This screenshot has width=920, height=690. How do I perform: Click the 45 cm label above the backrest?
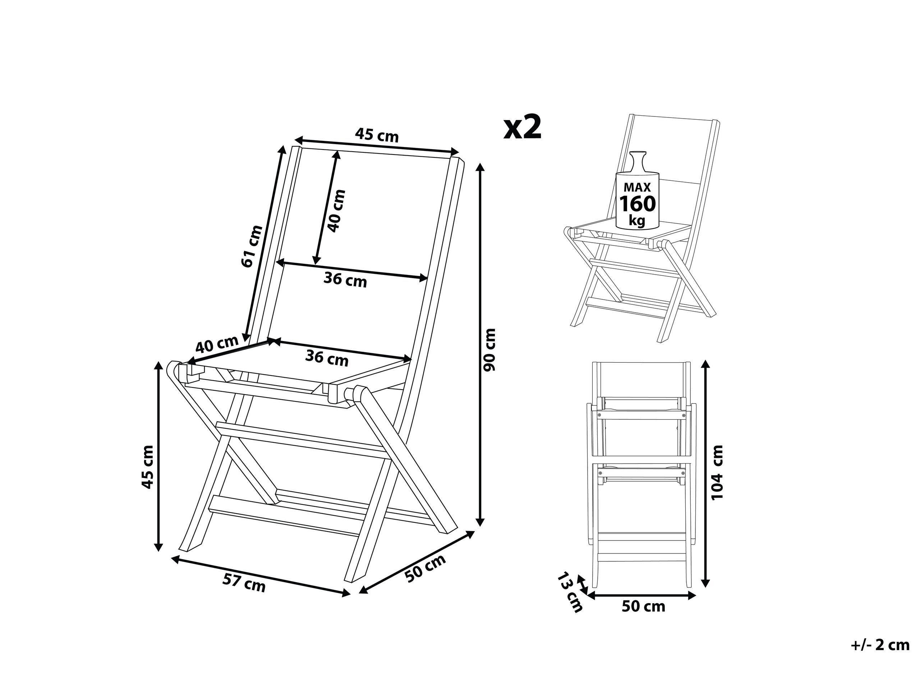376,135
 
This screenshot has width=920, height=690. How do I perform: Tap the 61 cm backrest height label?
252,246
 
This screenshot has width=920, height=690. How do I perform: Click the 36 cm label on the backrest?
345,280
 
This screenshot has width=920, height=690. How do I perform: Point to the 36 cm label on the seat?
327,358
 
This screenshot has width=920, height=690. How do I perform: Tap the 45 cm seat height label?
148,467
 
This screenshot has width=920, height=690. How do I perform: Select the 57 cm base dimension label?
244,583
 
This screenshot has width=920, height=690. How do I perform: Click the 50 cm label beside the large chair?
425,568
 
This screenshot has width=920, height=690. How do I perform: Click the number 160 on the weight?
637,204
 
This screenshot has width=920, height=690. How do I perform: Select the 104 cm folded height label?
717,472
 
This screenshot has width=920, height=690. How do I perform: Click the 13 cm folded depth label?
570,593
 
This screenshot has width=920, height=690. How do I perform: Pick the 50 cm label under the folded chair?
643,606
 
